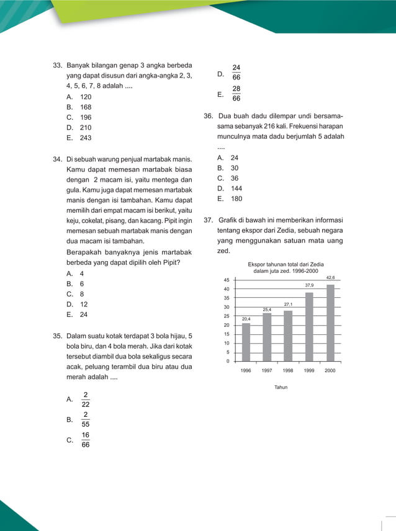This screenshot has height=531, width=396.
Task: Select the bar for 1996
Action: [246, 342]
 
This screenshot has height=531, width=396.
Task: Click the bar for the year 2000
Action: [330, 323]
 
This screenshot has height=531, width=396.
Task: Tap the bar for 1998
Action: [288, 336]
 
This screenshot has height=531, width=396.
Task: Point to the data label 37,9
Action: [309, 285]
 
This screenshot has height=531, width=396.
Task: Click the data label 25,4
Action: [267, 309]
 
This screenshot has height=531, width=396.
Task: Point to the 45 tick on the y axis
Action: [227, 280]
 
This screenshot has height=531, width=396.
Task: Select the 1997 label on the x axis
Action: [267, 370]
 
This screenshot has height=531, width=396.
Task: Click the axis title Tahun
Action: [281, 387]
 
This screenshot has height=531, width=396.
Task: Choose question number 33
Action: [57, 65]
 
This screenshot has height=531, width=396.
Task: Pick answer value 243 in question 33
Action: [86, 138]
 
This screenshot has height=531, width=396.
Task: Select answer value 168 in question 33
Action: [86, 107]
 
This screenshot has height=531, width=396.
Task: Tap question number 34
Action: [57, 159]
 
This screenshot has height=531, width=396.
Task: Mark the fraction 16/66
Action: [86, 440]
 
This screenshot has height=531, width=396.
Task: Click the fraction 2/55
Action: [86, 420]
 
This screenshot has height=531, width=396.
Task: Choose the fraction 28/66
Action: [236, 94]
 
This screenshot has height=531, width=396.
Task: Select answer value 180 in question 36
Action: [236, 199]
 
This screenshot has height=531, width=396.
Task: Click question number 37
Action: [208, 220]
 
